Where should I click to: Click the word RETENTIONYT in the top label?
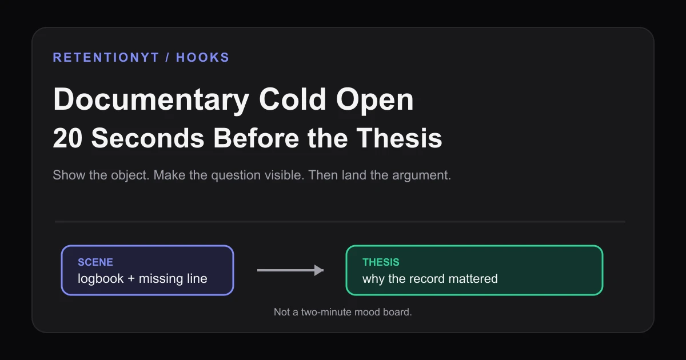(x=106, y=58)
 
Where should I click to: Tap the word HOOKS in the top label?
(x=202, y=58)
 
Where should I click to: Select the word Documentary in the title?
(x=151, y=100)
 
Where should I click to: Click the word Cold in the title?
(x=293, y=99)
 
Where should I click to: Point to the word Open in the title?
(x=375, y=100)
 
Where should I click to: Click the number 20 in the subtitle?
(x=67, y=138)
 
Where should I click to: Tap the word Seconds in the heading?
(x=147, y=138)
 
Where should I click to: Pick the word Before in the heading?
(x=256, y=138)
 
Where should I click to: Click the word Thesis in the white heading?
(x=399, y=138)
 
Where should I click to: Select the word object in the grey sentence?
(x=130, y=175)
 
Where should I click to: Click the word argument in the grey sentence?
(x=421, y=175)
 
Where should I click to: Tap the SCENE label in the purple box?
(x=95, y=262)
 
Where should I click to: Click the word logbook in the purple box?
(x=101, y=279)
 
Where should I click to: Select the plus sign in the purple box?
(x=131, y=279)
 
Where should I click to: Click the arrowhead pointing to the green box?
(x=319, y=270)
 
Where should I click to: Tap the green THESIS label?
(x=381, y=262)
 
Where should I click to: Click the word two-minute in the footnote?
(x=326, y=312)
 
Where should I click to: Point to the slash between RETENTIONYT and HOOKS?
(x=167, y=58)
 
